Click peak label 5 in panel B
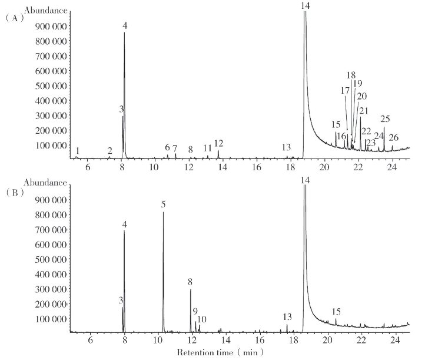(x=163, y=204)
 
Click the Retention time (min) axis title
(x=220, y=352)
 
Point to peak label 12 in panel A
(x=218, y=143)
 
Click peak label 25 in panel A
(x=385, y=119)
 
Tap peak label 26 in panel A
(x=393, y=138)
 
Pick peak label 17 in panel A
(x=345, y=90)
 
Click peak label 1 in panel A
(x=77, y=151)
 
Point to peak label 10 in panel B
(x=201, y=319)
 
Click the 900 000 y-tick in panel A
(x=48, y=27)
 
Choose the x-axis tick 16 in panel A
(x=257, y=168)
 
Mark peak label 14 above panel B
(x=304, y=180)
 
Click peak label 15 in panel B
(x=336, y=311)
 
